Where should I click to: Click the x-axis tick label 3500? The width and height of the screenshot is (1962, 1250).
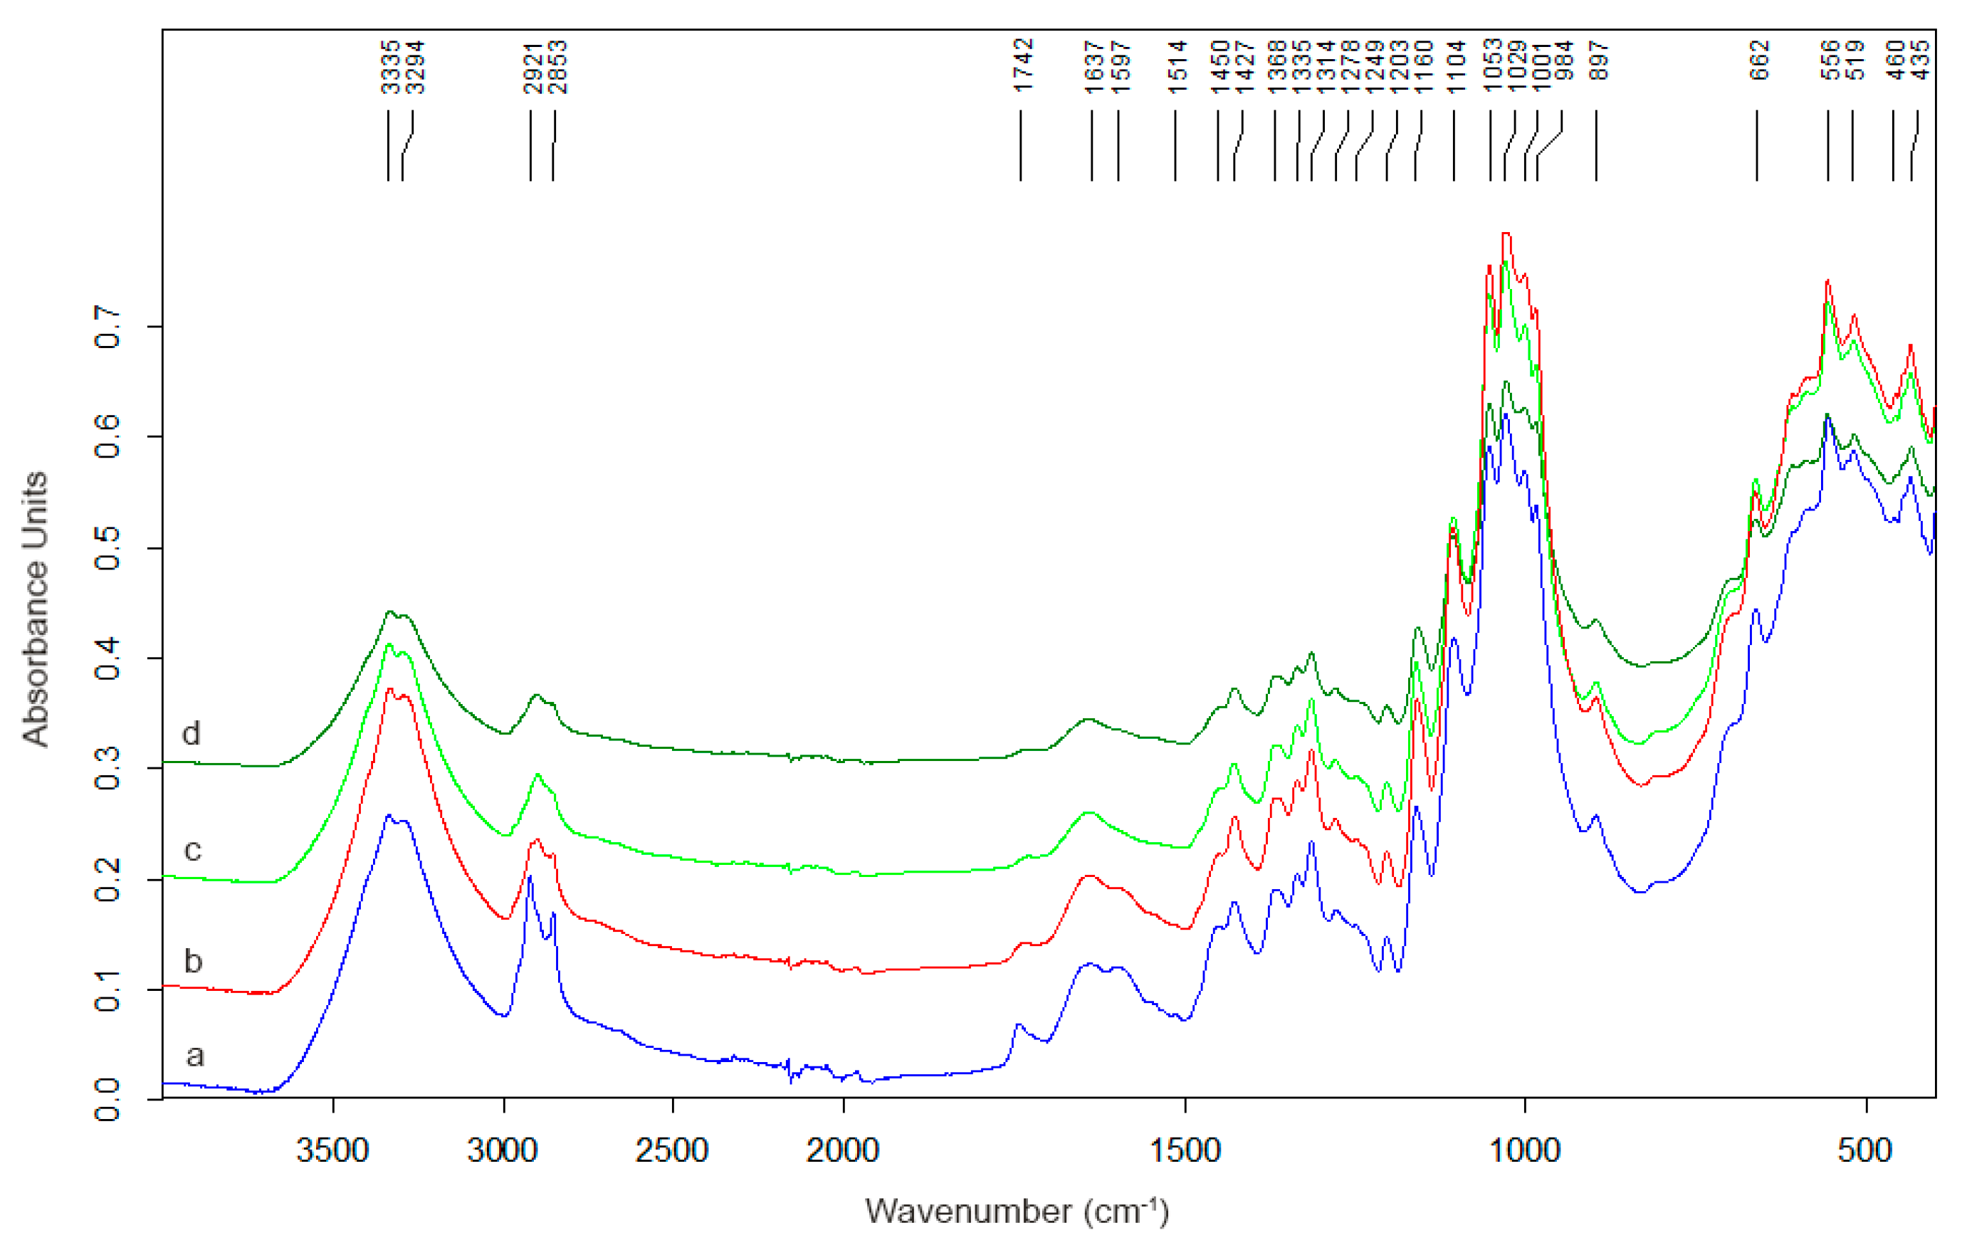(332, 1150)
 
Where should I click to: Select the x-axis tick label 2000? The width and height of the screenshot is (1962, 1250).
(842, 1150)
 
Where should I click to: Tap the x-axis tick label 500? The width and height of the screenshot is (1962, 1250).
(1865, 1150)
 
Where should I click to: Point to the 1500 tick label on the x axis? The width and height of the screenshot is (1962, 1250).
(1184, 1150)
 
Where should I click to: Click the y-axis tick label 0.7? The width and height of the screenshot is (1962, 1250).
(107, 327)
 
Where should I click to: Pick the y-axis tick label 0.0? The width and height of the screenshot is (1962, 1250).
(107, 1099)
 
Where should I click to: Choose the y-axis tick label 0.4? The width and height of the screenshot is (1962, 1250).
(107, 658)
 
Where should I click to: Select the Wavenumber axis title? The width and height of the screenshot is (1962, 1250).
(1016, 1212)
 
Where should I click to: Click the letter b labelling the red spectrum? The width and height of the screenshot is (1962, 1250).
(193, 962)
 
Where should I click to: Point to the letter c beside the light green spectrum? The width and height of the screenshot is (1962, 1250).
(192, 851)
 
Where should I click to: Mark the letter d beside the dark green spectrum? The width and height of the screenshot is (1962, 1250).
(192, 733)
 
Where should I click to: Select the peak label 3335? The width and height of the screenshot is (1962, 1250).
(391, 67)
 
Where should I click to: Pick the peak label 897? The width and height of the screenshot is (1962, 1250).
(1599, 61)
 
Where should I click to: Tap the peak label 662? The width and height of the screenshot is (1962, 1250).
(1759, 61)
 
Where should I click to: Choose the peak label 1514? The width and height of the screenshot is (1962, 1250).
(1177, 67)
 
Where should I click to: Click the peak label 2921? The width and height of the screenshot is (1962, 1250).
(533, 67)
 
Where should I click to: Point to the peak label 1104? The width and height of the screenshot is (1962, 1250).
(1456, 67)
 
